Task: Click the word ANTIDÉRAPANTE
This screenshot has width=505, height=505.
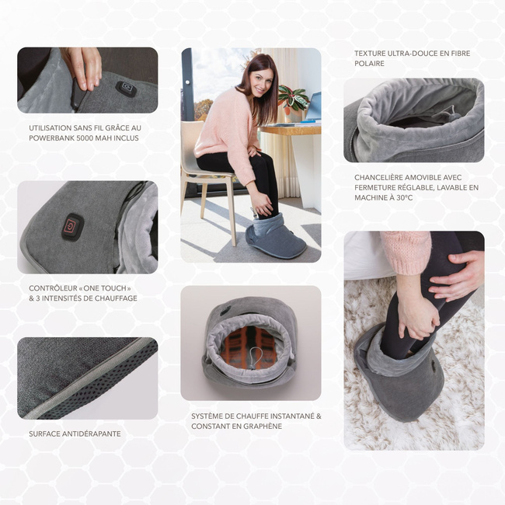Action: point(92,434)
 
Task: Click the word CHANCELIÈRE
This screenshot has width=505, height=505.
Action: point(378,177)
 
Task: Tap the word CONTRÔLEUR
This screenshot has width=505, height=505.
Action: point(51,288)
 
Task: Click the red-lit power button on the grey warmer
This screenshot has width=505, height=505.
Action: point(73,227)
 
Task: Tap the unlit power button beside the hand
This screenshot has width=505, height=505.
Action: point(126,89)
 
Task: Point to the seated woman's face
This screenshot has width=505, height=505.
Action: point(260,83)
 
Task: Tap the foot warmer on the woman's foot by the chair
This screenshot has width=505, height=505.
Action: point(274,237)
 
